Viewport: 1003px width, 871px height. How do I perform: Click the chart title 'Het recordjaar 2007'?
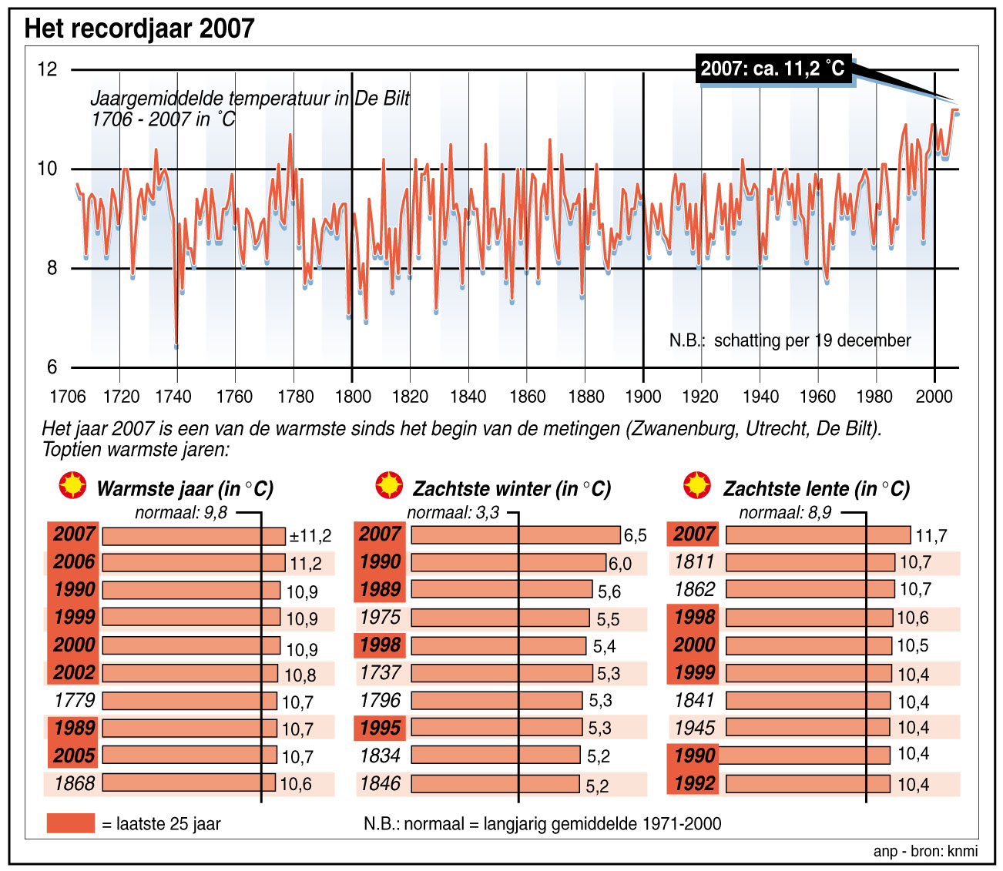tap(139, 29)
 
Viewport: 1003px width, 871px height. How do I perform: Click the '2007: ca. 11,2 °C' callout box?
tap(773, 69)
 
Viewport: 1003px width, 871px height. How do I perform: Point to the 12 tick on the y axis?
tap(47, 69)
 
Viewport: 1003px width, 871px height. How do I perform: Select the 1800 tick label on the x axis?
tap(352, 397)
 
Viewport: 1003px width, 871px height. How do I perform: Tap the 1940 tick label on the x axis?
tap(760, 397)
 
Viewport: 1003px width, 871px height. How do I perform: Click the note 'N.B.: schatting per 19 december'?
tap(790, 340)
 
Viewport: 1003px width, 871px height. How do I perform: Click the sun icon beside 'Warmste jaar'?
tap(73, 486)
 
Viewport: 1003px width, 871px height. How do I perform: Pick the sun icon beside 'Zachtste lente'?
tap(698, 486)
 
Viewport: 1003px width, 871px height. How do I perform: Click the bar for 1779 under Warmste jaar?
tap(189, 701)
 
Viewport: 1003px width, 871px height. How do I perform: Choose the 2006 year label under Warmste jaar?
tap(74, 562)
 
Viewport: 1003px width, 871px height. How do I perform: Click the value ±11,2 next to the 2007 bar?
tap(310, 536)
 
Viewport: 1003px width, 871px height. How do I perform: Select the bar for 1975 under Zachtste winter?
tap(501, 618)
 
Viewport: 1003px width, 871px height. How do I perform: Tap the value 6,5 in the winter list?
tap(635, 536)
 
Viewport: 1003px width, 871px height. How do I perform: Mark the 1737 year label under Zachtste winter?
tap(381, 673)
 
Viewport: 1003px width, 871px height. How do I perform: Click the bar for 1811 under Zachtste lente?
tap(810, 562)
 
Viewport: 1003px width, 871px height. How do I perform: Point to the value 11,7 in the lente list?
tap(931, 536)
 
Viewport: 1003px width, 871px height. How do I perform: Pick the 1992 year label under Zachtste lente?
tap(694, 784)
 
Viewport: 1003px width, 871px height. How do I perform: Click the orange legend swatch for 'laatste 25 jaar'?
tap(70, 823)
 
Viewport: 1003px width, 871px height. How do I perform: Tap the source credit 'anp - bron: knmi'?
tap(925, 851)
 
